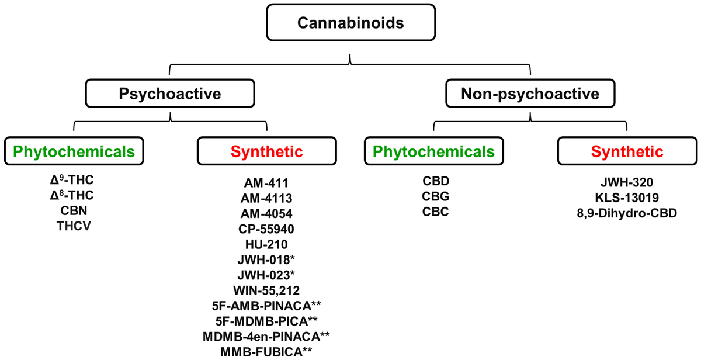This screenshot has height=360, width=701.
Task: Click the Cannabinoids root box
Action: [x=351, y=23]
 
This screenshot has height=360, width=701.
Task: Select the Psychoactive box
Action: [x=170, y=94]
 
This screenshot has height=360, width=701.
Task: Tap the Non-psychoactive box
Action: [x=530, y=94]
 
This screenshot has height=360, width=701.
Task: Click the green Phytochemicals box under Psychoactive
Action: [x=74, y=151]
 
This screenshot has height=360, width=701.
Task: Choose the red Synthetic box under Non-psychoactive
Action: [x=627, y=151]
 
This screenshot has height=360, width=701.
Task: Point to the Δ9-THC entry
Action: [x=72, y=179]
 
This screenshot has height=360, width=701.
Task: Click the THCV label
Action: [x=74, y=226]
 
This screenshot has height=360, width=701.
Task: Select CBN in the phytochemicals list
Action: [x=74, y=210]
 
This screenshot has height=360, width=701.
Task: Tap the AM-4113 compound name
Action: [x=266, y=198]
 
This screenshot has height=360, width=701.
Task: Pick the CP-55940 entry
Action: [x=266, y=229]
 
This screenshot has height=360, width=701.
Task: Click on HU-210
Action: [x=266, y=244]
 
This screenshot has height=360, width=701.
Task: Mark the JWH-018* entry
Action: [x=266, y=259]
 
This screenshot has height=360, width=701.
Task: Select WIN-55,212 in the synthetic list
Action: [x=266, y=290]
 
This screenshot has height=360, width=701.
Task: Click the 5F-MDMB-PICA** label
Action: [x=266, y=321]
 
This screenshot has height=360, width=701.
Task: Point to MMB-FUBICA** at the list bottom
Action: [x=266, y=352]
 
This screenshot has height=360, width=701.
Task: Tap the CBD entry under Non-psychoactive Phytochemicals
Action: [x=436, y=181]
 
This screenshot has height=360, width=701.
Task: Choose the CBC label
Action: [x=436, y=212]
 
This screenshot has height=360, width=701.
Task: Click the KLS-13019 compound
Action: [x=627, y=198]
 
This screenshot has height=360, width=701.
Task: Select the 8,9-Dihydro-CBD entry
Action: [x=627, y=213]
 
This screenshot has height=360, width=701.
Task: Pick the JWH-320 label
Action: [x=627, y=182]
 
